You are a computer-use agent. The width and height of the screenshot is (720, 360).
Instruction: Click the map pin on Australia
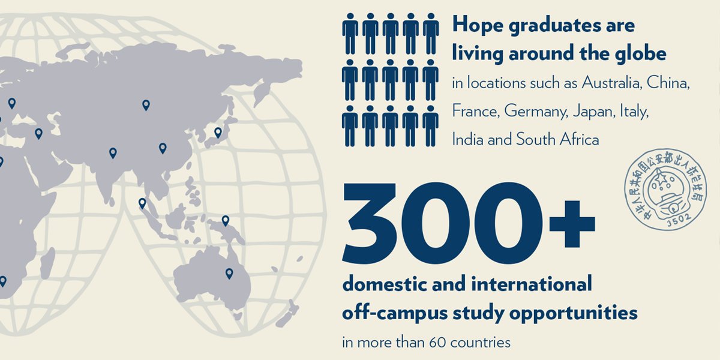pos(229,274)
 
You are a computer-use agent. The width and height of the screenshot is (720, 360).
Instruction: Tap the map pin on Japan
pos(218,133)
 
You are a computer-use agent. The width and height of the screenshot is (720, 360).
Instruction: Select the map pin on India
pos(113,153)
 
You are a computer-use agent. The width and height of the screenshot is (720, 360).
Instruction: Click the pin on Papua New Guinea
pos(226,221)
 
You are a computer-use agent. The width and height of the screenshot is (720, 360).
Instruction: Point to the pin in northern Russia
pos(146,105)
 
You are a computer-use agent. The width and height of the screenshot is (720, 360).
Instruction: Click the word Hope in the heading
pos(475,26)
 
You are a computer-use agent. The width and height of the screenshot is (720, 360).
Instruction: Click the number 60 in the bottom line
pos(437,343)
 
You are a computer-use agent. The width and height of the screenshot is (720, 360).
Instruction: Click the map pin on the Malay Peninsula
pos(142,203)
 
